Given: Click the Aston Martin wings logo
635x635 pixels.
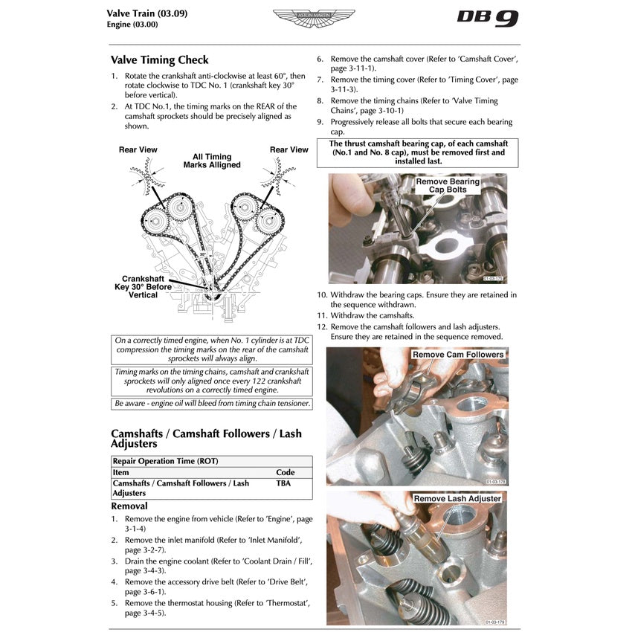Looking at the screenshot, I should coord(314,17).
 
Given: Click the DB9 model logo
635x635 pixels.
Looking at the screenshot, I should coord(487,18).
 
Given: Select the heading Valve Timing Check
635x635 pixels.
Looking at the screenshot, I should coord(159,60).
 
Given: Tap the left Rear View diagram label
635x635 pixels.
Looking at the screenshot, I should coord(138,150).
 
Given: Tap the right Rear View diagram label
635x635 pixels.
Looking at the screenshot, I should coord(289,150).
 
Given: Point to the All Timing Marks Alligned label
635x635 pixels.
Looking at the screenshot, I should coord(212,161).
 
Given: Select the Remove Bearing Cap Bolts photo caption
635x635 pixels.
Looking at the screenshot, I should coord(448,185).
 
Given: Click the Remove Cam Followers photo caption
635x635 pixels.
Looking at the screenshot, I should coord(458,355).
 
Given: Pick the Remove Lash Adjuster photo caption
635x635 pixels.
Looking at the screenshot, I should coord(457,498).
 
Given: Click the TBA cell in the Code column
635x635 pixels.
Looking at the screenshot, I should coord(283,483).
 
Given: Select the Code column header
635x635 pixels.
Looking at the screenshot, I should coord(285,472).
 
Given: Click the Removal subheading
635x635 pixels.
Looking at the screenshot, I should coord(129,506).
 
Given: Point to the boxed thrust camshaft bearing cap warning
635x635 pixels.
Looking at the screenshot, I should coord(418,152).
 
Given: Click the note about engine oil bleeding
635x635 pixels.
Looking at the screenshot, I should coord(212,404).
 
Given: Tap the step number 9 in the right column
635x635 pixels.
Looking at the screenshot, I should coord(320,122).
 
